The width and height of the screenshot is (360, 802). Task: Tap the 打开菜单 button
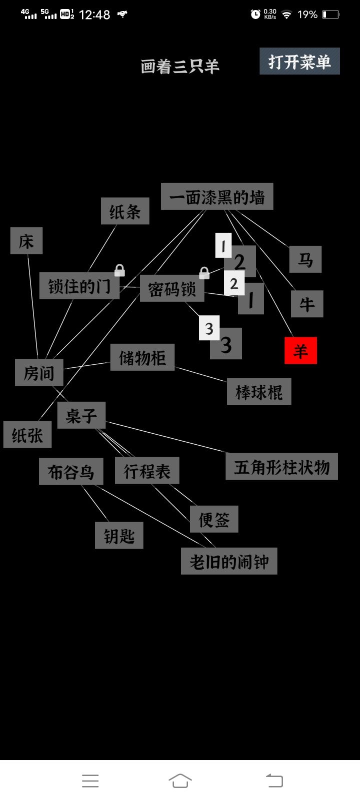299,61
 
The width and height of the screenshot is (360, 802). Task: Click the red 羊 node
300,350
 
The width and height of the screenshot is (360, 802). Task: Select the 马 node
305,259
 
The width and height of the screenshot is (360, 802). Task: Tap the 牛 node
307,304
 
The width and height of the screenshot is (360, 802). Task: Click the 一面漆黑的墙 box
217,196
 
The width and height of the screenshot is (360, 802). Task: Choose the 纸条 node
125,211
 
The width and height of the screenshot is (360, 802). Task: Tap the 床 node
26,241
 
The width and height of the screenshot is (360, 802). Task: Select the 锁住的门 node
79,286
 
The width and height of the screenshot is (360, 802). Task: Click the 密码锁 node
172,288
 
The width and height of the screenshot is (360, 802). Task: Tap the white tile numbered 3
209,328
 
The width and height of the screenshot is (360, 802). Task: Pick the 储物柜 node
142,357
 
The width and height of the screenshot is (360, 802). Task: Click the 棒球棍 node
259,391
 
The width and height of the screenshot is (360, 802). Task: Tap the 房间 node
39,372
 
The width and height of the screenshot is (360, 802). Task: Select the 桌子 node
81,415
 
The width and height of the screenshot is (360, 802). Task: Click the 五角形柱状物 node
281,467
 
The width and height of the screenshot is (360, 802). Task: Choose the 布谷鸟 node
71,472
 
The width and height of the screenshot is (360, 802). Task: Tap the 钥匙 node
119,535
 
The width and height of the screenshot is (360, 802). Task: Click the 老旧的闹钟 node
229,561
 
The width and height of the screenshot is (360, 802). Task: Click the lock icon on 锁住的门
119,270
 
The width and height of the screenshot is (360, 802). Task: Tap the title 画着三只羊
180,66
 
